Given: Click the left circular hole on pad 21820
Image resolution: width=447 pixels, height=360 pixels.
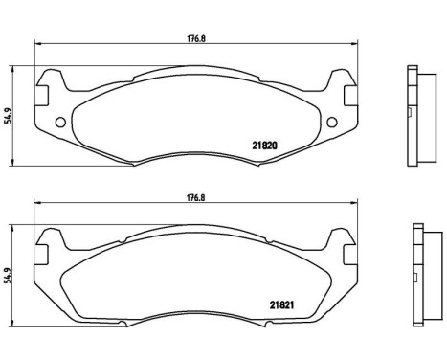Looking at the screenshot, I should point(61,122).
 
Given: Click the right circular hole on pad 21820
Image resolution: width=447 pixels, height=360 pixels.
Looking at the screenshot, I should point(332,122).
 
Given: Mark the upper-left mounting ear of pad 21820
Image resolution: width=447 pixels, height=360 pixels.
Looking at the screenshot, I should point(46,85).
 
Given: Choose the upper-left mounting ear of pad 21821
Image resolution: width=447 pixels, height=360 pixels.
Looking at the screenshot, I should point(46,245).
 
